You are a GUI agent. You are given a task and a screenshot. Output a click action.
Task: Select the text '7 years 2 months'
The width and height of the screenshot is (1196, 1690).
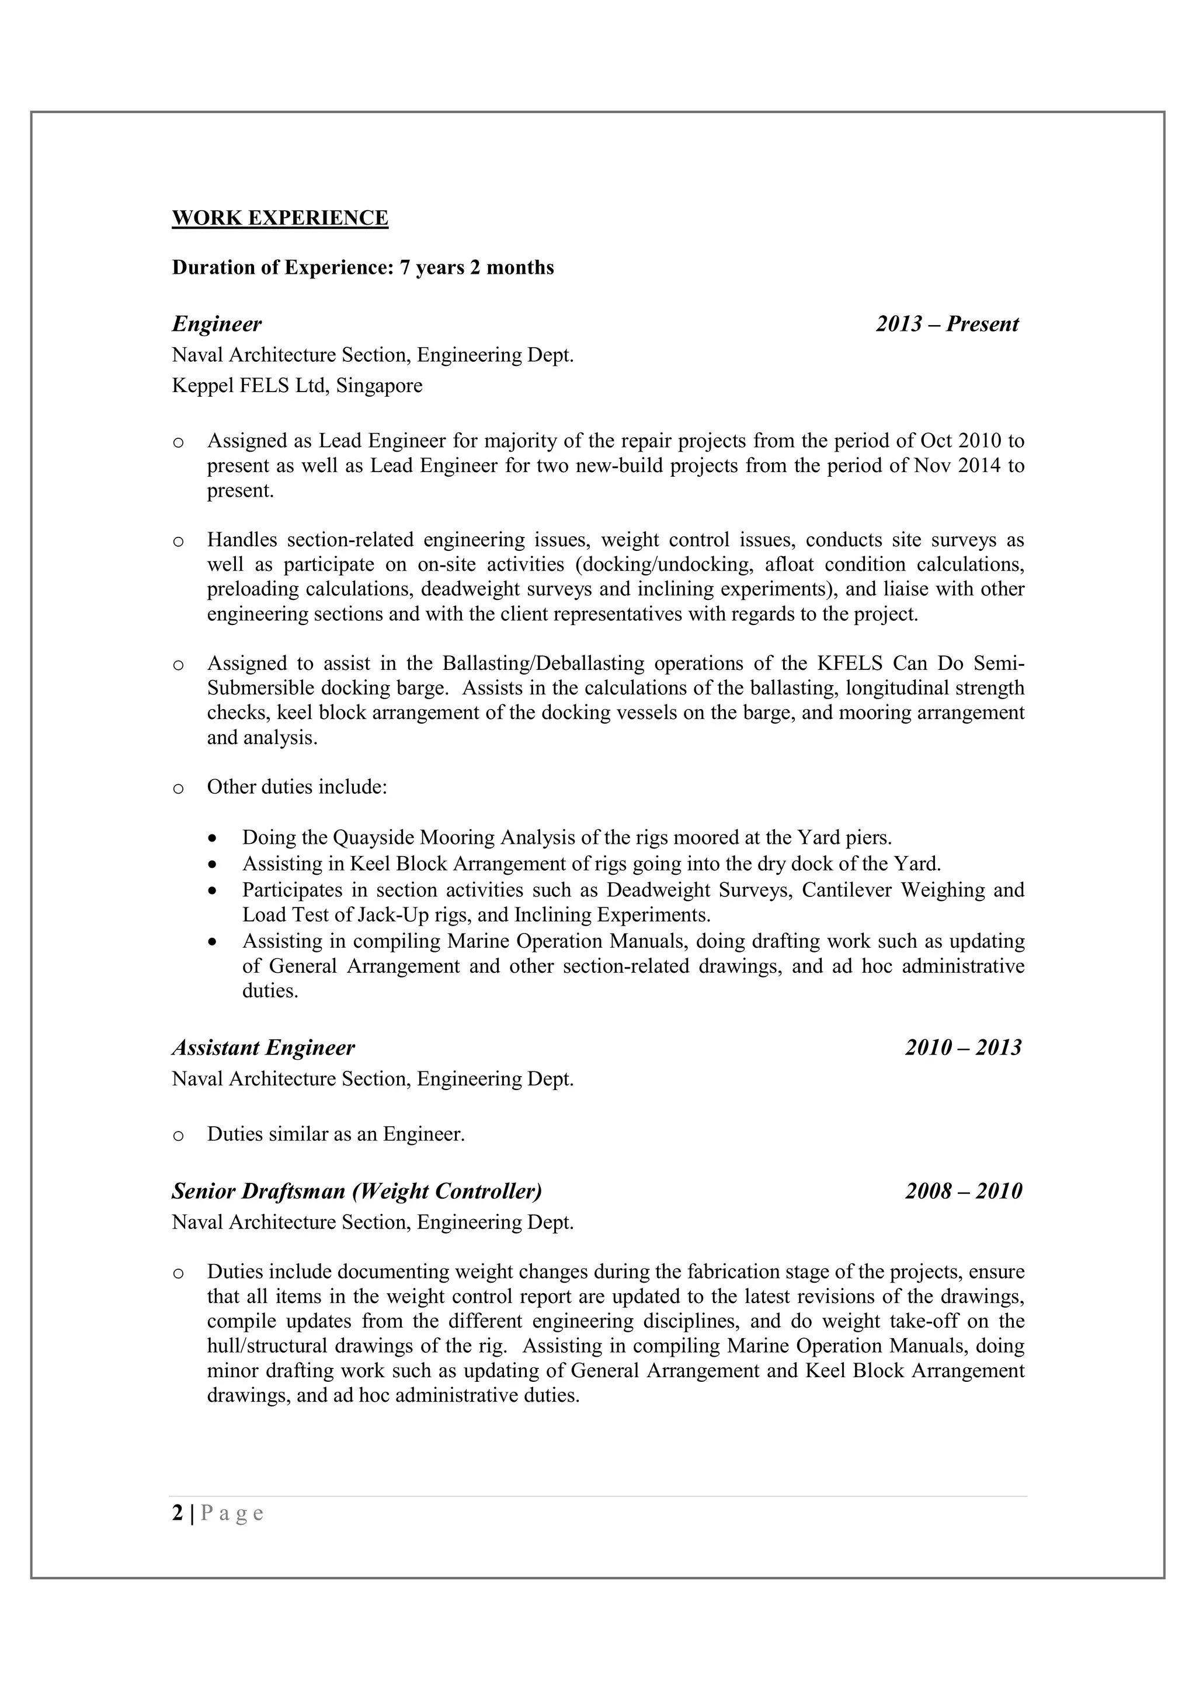coord(477,267)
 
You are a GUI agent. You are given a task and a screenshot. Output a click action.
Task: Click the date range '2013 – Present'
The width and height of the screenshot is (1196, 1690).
coord(947,324)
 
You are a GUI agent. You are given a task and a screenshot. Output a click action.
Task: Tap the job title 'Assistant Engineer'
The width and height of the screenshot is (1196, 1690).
coord(263,1047)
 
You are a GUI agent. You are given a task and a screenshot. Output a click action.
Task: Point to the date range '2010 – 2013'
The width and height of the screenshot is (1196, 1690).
coord(963,1047)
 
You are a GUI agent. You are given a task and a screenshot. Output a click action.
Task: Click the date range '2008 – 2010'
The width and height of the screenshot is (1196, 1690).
coord(963,1191)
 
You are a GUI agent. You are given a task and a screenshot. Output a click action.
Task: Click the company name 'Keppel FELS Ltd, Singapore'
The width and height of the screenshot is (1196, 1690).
coord(297,386)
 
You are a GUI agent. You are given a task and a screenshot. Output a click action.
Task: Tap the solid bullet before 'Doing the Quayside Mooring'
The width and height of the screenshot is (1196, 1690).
coord(213,839)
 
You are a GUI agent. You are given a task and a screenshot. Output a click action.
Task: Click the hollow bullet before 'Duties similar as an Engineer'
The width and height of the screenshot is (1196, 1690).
coord(178,1136)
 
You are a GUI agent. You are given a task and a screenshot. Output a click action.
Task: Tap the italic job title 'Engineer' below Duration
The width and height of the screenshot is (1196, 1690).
coord(217,324)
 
